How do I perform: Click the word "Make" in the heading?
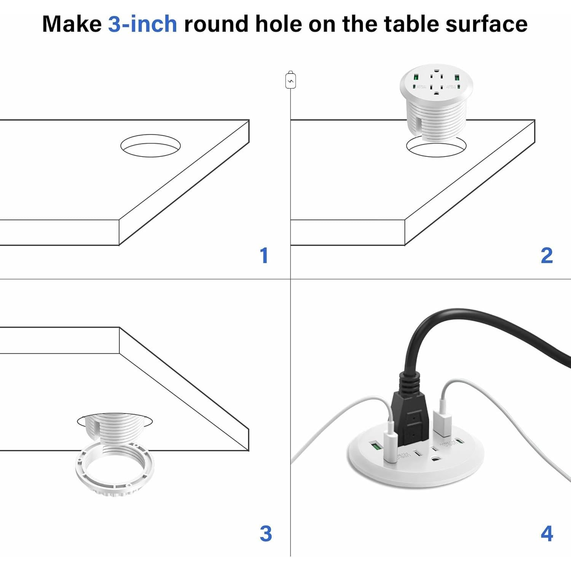(72, 24)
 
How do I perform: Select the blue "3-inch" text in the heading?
(142, 24)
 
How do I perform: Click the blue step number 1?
(264, 255)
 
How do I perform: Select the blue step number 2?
(547, 255)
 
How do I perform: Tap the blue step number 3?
(266, 534)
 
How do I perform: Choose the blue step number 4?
(547, 534)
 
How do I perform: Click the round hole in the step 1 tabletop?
(150, 145)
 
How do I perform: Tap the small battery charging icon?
(290, 80)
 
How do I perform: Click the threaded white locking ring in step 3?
(115, 472)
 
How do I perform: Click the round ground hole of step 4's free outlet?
(434, 459)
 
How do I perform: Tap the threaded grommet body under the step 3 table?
(114, 428)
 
